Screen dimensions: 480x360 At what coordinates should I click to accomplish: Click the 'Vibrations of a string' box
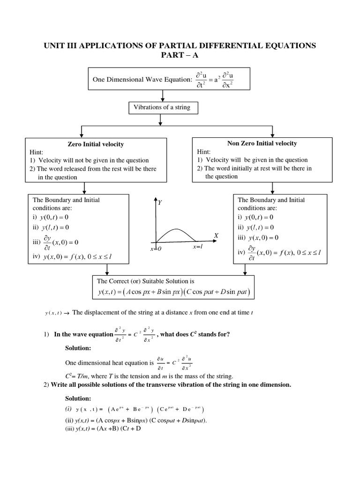tap(162, 108)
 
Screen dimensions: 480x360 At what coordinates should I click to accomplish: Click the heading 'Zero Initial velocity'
tap(96, 144)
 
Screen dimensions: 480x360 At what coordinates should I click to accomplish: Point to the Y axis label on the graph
tap(160, 202)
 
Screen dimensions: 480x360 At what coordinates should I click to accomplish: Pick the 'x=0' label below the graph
tap(156, 249)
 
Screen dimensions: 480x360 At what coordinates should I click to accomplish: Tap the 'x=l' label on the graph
tap(197, 247)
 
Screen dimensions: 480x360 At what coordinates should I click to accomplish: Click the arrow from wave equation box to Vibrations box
tap(162, 95)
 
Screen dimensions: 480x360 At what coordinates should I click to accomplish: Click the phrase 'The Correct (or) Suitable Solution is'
tap(145, 281)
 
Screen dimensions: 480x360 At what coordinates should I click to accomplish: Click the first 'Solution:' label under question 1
tap(77, 348)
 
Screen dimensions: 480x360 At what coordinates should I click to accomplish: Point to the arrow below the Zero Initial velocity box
tap(84, 187)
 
